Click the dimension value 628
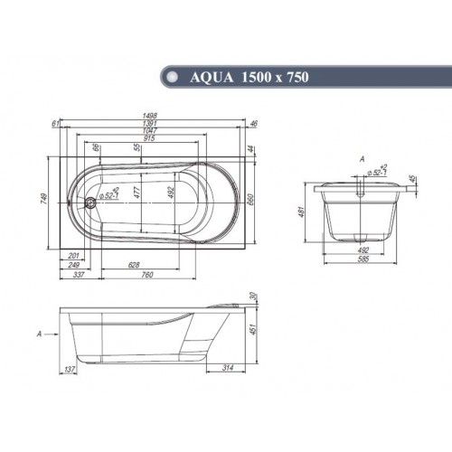pyautogui.click(x=134, y=265)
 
